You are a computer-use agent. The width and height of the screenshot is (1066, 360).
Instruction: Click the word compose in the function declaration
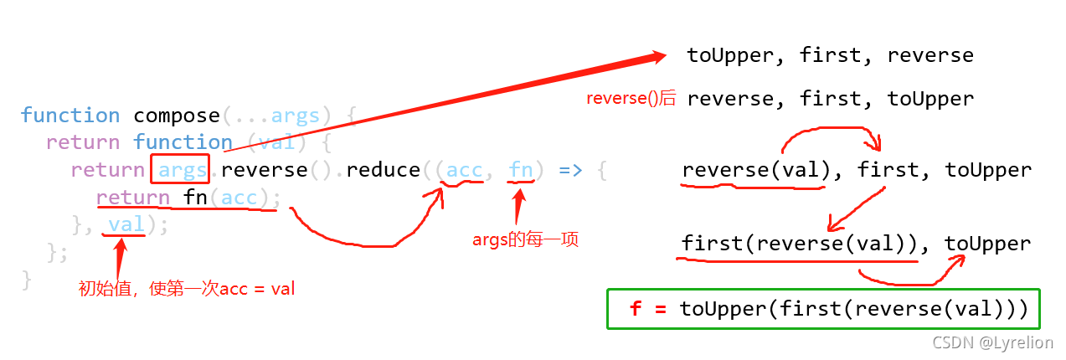click(x=177, y=116)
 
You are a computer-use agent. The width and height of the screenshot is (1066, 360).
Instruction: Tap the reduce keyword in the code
click(x=383, y=170)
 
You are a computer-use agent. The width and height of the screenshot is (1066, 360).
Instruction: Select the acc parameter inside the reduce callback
click(x=464, y=170)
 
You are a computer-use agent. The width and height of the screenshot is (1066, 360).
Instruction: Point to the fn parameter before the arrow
click(x=521, y=170)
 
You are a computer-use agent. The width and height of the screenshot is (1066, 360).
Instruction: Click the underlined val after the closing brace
click(x=126, y=224)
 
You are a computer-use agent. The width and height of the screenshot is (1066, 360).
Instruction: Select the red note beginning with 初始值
click(x=186, y=290)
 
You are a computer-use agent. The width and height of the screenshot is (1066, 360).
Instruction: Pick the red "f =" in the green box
click(x=647, y=309)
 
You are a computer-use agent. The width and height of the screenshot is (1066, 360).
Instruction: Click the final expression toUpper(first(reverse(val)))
click(x=853, y=309)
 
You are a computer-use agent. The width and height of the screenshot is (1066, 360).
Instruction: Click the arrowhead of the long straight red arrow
click(x=657, y=56)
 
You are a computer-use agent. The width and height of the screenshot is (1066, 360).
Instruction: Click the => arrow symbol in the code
click(x=569, y=170)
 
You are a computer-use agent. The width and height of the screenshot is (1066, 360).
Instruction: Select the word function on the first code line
click(x=70, y=116)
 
